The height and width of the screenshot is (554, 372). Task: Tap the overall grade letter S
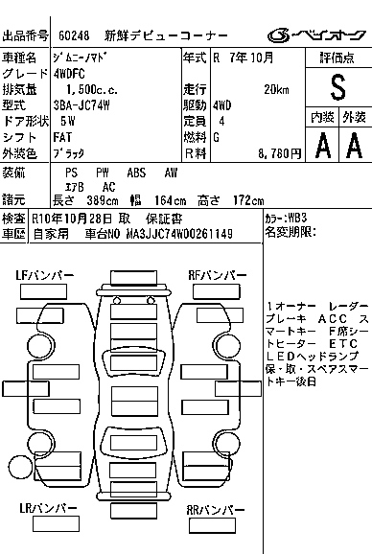tap(337, 87)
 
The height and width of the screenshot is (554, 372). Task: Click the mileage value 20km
tap(278, 89)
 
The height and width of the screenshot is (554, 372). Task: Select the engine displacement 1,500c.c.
tap(83, 89)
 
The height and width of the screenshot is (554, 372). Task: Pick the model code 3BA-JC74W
tap(83, 105)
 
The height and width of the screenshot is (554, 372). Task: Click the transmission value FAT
tap(63, 137)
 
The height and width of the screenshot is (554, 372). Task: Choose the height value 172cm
tap(246, 200)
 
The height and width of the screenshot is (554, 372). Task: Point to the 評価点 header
tap(337, 58)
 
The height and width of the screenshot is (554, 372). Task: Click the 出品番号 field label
tap(27, 35)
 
